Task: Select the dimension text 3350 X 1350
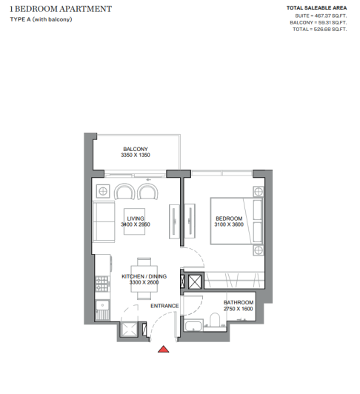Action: click(x=135, y=156)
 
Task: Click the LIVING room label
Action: click(x=135, y=218)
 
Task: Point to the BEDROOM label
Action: click(x=229, y=218)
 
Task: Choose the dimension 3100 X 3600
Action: click(x=229, y=225)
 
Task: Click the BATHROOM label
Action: click(x=239, y=303)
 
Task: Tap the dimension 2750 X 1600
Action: click(x=239, y=310)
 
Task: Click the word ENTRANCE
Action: click(x=164, y=306)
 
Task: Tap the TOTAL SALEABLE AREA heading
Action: click(x=316, y=8)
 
